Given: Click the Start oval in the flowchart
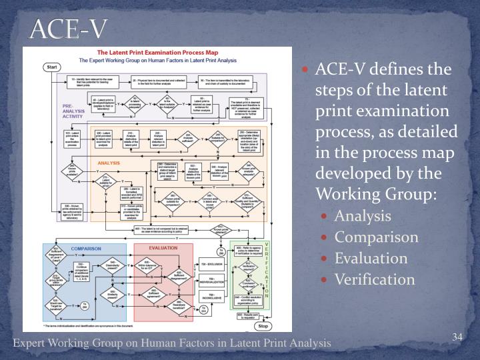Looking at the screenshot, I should click(x=51, y=67).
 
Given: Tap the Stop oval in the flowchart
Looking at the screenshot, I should click(x=263, y=326).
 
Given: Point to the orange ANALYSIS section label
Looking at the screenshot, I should click(x=109, y=162).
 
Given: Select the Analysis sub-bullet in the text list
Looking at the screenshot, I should click(x=363, y=217).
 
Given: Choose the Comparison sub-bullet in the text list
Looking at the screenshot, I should click(x=376, y=237).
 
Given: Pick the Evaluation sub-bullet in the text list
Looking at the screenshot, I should click(x=371, y=258).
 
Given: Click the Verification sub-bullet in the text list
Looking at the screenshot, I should click(x=375, y=279).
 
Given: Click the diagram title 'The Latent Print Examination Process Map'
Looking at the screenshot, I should click(x=156, y=52).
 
